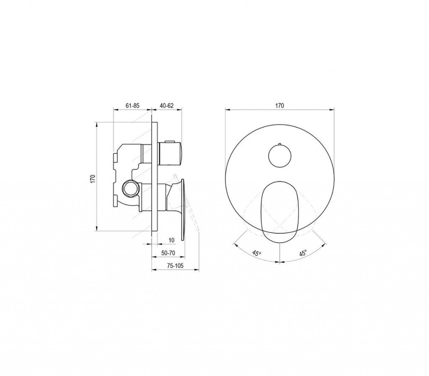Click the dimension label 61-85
133,106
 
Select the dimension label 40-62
167,106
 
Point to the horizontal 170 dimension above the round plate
279,106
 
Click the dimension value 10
171,240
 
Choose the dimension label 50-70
168,253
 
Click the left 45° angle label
257,253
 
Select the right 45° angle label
302,253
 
